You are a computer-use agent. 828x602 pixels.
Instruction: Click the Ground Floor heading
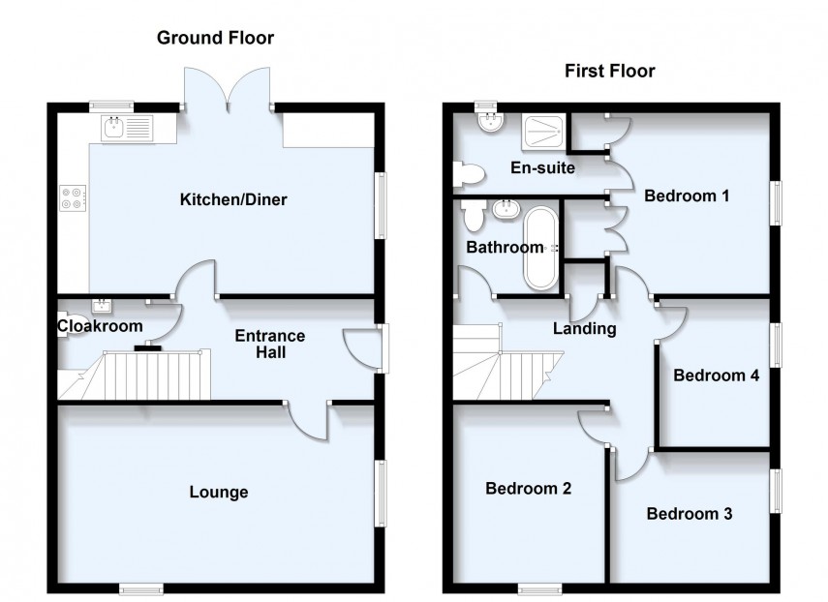tap(216, 39)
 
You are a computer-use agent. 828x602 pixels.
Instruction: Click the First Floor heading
tap(610, 71)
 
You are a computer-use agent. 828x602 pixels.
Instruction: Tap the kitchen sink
tap(127, 126)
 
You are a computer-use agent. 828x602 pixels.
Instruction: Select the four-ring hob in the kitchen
tap(72, 197)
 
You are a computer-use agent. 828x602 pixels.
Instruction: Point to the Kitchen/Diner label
tap(233, 200)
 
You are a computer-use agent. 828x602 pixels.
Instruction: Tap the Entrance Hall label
tap(271, 345)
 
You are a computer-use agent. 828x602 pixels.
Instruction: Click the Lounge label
tap(218, 492)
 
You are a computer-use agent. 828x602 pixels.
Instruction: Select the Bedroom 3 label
tap(689, 514)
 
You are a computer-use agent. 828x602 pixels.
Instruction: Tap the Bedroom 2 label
tap(528, 489)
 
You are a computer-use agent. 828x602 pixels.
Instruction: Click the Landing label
tap(584, 329)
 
